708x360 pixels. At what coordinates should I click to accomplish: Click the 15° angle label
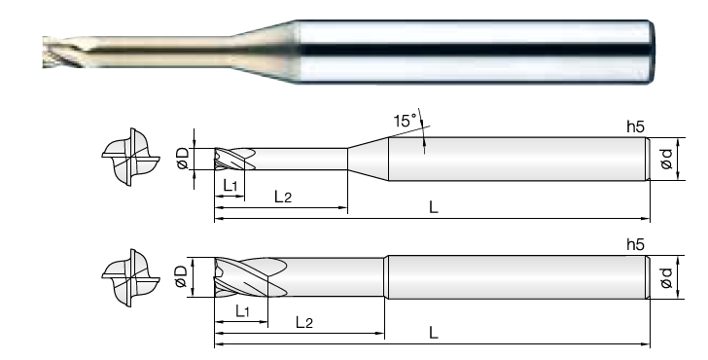406,121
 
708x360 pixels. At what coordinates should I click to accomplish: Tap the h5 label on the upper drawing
635,127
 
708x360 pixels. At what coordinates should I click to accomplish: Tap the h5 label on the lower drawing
635,245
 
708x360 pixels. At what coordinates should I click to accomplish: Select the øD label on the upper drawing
183,159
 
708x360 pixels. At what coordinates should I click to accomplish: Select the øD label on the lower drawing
181,276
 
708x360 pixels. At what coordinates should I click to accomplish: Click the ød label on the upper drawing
666,159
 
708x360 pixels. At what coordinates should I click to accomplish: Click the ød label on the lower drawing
666,277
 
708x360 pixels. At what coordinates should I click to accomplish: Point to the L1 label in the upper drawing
230,185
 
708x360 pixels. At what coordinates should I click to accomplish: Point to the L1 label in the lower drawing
242,310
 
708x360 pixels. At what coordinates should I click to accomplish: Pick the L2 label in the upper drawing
283,196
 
